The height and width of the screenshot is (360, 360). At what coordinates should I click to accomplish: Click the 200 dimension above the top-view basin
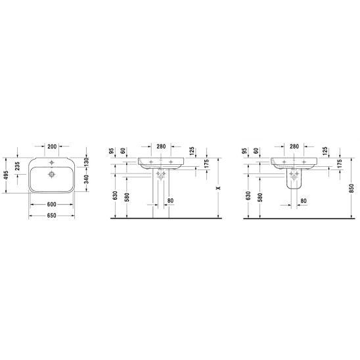point(52,146)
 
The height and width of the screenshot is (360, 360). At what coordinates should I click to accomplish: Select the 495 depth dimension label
point(6,175)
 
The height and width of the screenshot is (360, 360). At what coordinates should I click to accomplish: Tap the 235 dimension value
point(18,166)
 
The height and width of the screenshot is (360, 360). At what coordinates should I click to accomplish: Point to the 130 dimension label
point(86,162)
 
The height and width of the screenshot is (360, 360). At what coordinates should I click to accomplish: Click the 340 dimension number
point(86,179)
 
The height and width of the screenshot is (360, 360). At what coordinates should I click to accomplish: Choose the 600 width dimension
point(52,204)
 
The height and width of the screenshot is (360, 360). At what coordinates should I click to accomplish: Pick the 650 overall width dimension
point(52,215)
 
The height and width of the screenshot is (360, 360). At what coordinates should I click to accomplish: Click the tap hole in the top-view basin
point(52,162)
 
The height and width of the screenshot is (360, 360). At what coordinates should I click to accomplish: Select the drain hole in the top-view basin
point(52,175)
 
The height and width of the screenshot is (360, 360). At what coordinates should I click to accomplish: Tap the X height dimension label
point(219,188)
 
